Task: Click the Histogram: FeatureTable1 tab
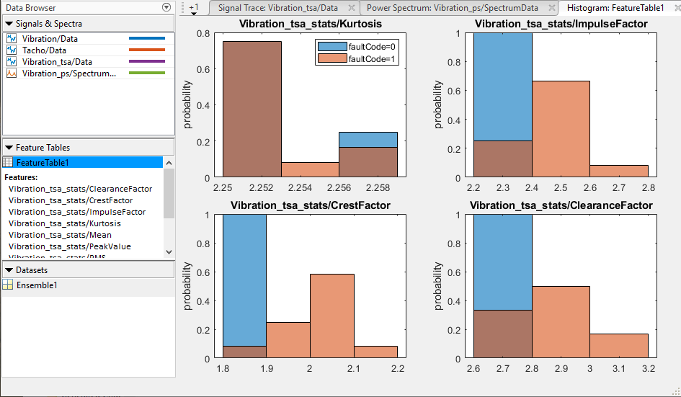[x=615, y=8]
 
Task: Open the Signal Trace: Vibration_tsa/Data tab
[x=277, y=8]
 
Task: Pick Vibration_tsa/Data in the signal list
[x=57, y=61]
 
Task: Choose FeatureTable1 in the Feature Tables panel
[x=43, y=163]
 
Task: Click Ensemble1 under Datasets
[x=37, y=285]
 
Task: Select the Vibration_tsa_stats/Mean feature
[x=60, y=235]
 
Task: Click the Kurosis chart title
[x=311, y=24]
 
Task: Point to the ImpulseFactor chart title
[x=561, y=24]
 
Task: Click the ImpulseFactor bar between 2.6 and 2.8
[x=618, y=171]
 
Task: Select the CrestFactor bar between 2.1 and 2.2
[x=375, y=352]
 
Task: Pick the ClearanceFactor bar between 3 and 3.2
[x=618, y=346]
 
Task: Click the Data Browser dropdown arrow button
[x=167, y=7]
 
